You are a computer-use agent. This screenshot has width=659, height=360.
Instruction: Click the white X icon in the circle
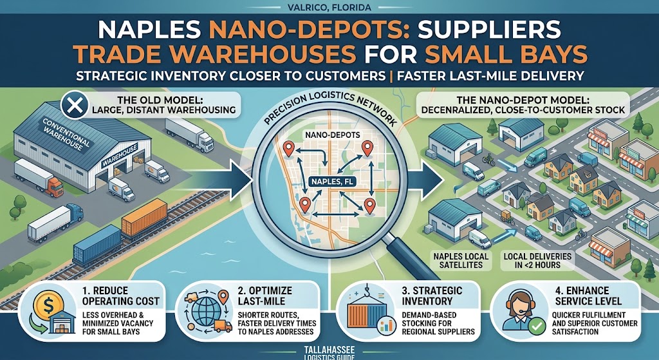coord(75,105)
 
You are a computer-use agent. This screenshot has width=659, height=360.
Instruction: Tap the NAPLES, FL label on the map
coord(330,182)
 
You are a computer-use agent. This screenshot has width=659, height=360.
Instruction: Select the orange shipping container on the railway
coord(145,218)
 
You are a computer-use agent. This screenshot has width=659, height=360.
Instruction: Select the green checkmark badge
coord(537,327)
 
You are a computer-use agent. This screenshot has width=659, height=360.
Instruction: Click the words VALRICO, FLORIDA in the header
coord(329,8)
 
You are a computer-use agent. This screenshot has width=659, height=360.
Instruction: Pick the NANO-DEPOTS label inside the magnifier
coord(326,135)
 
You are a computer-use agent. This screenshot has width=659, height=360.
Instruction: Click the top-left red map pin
coord(288,149)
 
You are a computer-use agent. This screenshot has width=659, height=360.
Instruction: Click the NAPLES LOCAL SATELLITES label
coord(461,260)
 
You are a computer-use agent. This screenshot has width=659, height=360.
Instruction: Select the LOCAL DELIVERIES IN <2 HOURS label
coord(537,260)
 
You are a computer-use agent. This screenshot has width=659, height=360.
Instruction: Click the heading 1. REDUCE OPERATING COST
coord(121,296)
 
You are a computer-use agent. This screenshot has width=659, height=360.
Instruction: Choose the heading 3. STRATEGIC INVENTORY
coord(432,296)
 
